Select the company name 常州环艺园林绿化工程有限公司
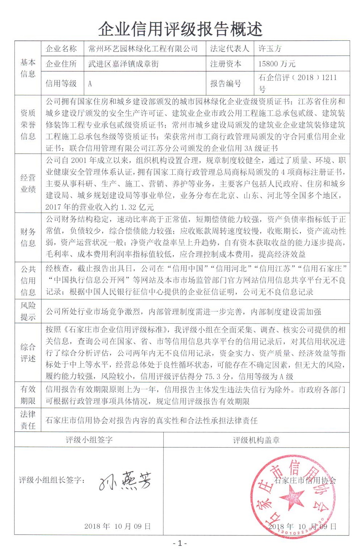coord(143,49)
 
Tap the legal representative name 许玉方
coord(270,49)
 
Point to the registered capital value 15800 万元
coord(277,64)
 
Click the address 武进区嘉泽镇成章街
coord(123,64)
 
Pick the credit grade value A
coord(90,84)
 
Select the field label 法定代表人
coord(229,49)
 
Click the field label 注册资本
coord(226,64)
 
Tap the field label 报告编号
coord(226,84)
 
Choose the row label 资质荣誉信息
coord(28,124)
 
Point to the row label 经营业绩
coord(28,183)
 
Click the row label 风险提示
coord(28,311)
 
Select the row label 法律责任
coord(28,420)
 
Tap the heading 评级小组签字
coord(89,440)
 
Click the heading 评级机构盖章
coord(256,440)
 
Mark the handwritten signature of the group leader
coord(125,481)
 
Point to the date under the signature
coord(117,526)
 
